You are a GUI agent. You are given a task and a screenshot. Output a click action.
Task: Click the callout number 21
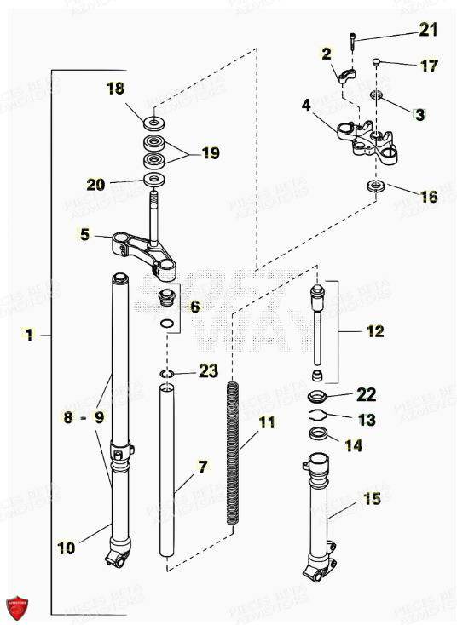tap(427, 32)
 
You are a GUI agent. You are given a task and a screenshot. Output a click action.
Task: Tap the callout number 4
tap(306, 106)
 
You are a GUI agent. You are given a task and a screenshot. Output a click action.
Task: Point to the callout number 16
tap(428, 196)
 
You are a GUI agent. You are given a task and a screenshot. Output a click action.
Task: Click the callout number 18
tap(115, 89)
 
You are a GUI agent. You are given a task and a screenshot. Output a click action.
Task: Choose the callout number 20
tap(98, 183)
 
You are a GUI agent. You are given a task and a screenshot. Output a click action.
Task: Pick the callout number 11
tap(267, 422)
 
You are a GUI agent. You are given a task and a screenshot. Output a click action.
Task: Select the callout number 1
tap(29, 335)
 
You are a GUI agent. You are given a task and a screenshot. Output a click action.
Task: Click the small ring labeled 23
tap(168, 372)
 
